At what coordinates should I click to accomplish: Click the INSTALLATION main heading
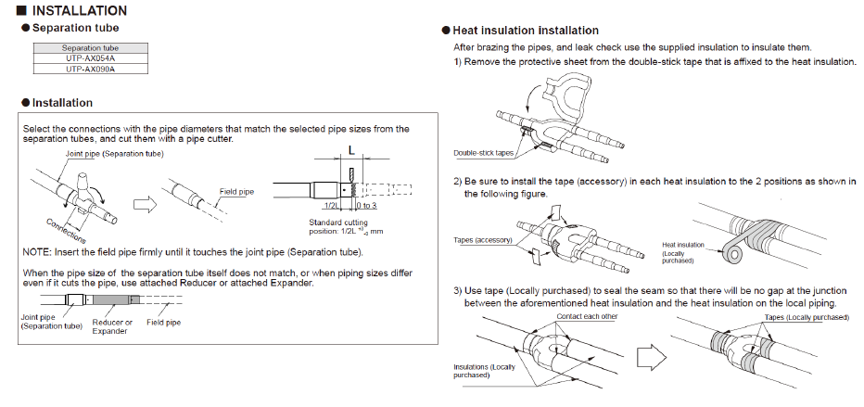(x=79, y=11)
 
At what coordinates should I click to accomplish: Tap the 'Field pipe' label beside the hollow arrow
(x=238, y=192)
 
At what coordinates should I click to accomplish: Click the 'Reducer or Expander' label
(x=115, y=326)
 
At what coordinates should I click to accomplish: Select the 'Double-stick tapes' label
(x=484, y=153)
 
